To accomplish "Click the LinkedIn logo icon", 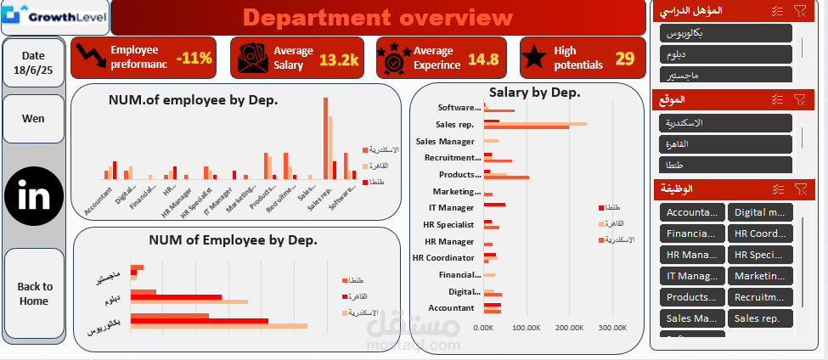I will tap(34, 196).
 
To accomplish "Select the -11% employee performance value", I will tap(194, 59).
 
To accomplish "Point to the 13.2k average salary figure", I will tap(339, 59).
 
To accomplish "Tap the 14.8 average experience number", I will tap(482, 59).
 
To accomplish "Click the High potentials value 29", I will tap(624, 58).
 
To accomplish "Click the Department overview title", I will tap(378, 17).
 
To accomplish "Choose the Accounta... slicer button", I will tap(691, 212).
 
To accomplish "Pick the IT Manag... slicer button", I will tap(691, 276).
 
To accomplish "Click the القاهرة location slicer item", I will tap(725, 143).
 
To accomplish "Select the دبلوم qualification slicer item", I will tap(725, 53).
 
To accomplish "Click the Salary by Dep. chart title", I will tap(534, 92).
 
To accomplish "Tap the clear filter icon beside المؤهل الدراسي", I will tap(800, 10).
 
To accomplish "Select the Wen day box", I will tap(34, 119).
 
